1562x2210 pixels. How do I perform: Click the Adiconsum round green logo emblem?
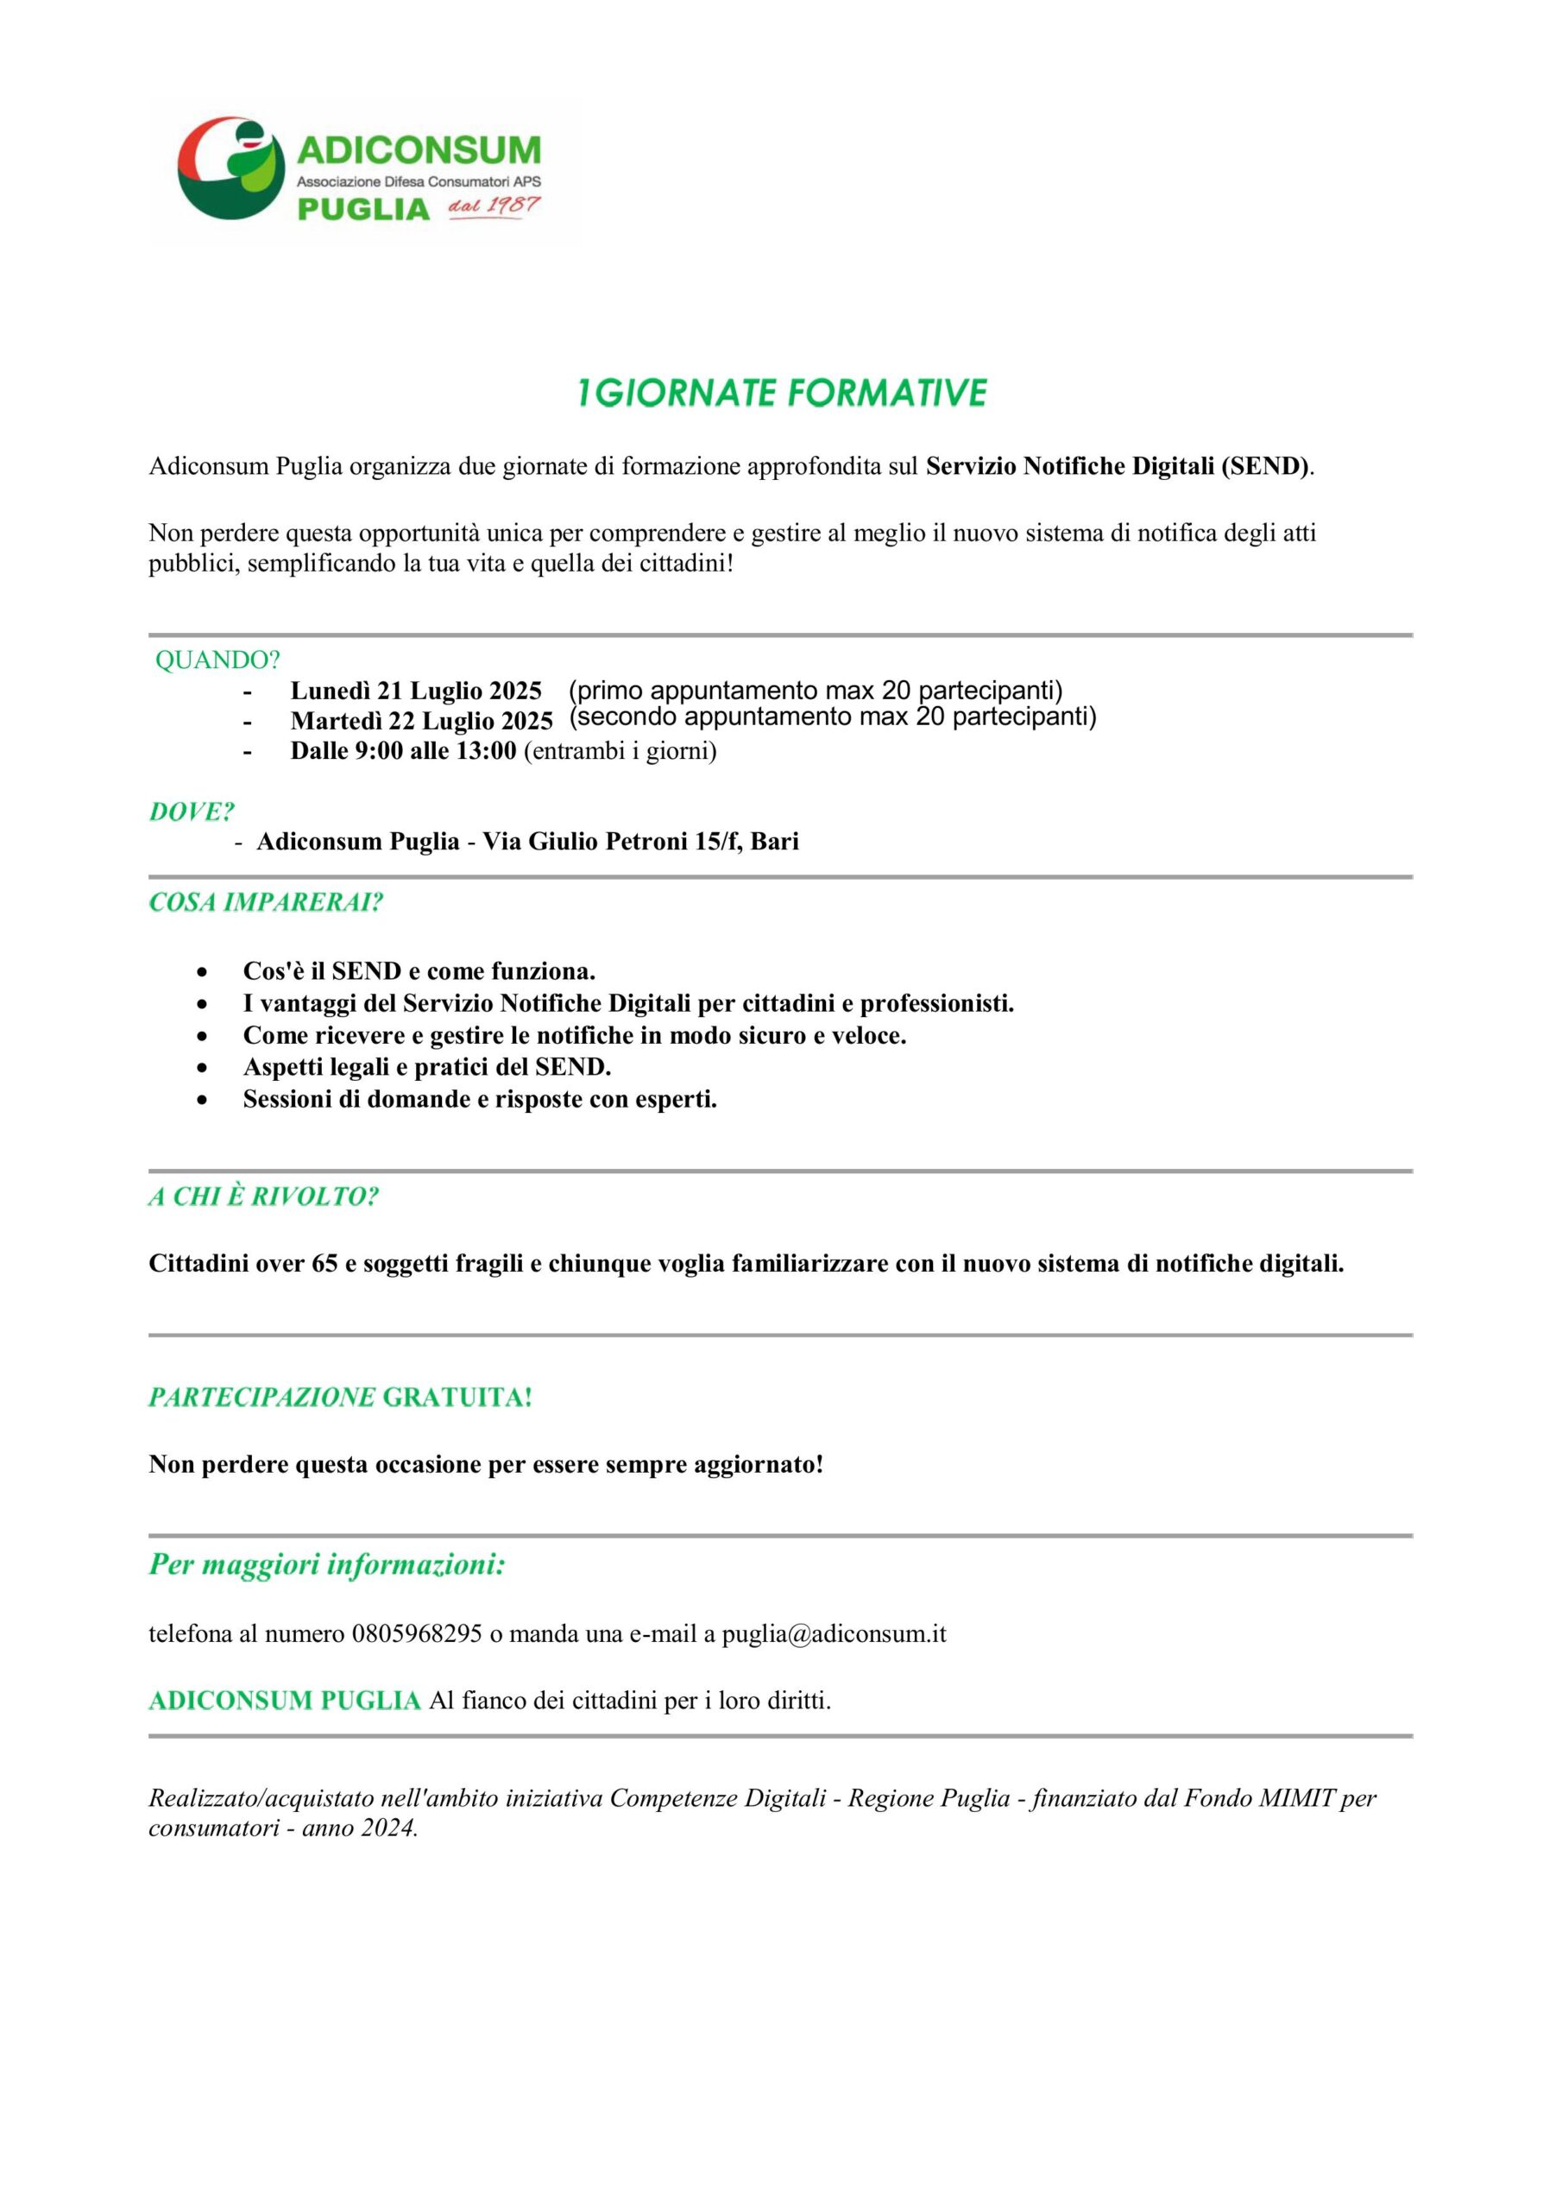pyautogui.click(x=231, y=169)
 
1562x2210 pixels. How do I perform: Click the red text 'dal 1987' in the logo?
pyautogui.click(x=494, y=207)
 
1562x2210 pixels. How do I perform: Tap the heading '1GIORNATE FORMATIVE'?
pyautogui.click(x=782, y=393)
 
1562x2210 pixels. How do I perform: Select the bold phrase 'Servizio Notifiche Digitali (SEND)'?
pyautogui.click(x=1118, y=467)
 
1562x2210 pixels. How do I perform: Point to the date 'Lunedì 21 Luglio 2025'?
pyautogui.click(x=416, y=691)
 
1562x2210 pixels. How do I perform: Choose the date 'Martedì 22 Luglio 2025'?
pyautogui.click(x=421, y=721)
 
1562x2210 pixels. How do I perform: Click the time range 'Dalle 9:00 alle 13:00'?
pyautogui.click(x=403, y=751)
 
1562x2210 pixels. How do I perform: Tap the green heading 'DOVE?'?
pyautogui.click(x=192, y=812)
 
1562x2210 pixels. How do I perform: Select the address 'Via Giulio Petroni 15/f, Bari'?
pyautogui.click(x=640, y=843)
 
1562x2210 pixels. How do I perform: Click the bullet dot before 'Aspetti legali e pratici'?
pyautogui.click(x=202, y=1069)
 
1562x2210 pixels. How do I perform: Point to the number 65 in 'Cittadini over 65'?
pyautogui.click(x=324, y=1264)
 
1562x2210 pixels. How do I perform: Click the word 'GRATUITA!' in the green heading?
pyautogui.click(x=457, y=1398)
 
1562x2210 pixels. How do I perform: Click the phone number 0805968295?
pyautogui.click(x=417, y=1634)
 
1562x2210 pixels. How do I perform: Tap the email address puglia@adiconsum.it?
pyautogui.click(x=834, y=1634)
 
